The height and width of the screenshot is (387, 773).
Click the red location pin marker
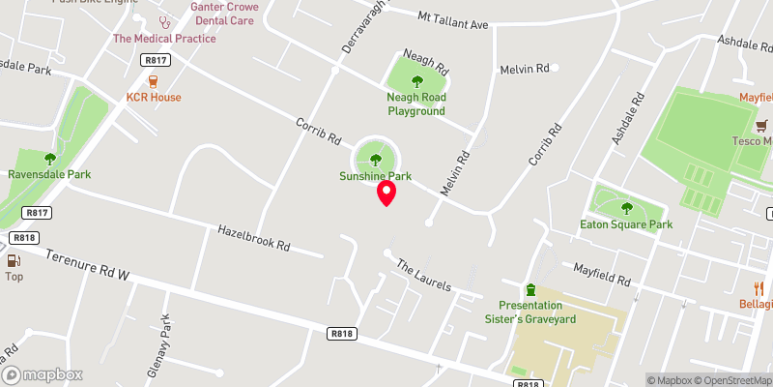(386, 193)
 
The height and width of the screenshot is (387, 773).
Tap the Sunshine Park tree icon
(375, 160)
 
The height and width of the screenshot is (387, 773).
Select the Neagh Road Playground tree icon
(417, 81)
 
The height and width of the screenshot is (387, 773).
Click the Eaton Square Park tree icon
(626, 207)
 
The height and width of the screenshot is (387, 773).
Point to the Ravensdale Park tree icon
(50, 159)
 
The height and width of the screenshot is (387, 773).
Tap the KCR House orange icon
(154, 81)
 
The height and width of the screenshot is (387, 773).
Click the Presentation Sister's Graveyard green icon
(530, 289)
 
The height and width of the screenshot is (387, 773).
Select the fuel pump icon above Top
(14, 259)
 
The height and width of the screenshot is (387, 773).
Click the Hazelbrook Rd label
(254, 239)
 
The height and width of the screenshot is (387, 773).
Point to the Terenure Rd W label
(87, 267)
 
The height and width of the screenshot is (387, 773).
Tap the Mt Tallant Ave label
(453, 18)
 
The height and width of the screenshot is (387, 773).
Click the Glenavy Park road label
(165, 335)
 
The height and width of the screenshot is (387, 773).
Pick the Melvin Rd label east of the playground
(524, 69)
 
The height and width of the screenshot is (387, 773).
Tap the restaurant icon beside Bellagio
(759, 288)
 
